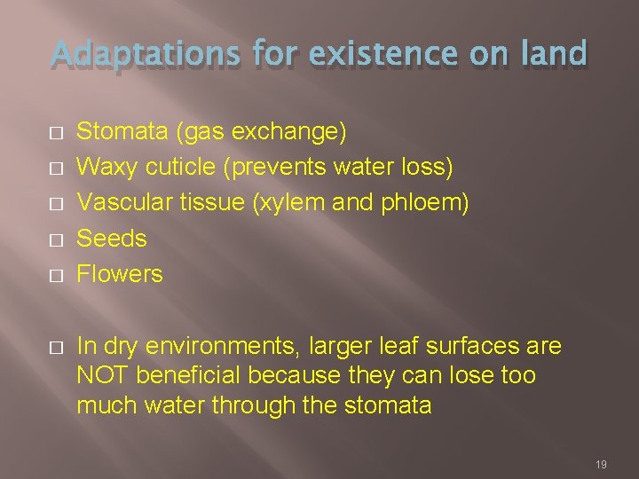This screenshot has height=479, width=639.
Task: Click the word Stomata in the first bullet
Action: tap(123, 132)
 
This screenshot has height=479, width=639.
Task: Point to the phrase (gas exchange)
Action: tap(262, 133)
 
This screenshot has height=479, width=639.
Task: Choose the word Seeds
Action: tap(112, 239)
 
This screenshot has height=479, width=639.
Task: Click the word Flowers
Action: tap(120, 274)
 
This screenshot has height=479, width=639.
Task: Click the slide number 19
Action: tap(600, 464)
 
